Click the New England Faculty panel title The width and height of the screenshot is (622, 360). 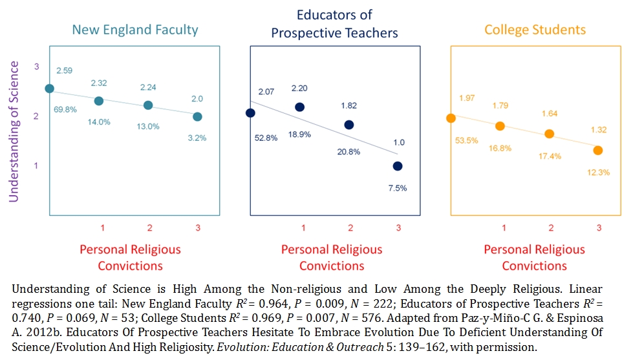(x=135, y=30)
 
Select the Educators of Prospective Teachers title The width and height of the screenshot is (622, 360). (x=334, y=23)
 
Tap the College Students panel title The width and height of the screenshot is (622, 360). (x=535, y=30)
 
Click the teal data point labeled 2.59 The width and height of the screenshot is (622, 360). (x=49, y=89)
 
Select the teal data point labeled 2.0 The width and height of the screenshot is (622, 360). (x=197, y=116)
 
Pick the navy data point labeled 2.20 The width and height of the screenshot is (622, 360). (x=299, y=107)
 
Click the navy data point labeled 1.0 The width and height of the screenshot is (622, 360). (x=398, y=166)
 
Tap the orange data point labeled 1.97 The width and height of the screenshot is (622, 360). (x=451, y=118)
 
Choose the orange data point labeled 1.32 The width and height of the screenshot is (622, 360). (x=598, y=150)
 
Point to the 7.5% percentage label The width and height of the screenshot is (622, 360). (x=397, y=188)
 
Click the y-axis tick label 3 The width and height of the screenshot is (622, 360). (x=37, y=67)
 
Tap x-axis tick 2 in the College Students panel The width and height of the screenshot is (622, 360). (x=551, y=228)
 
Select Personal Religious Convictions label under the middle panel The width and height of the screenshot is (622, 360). (x=332, y=257)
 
